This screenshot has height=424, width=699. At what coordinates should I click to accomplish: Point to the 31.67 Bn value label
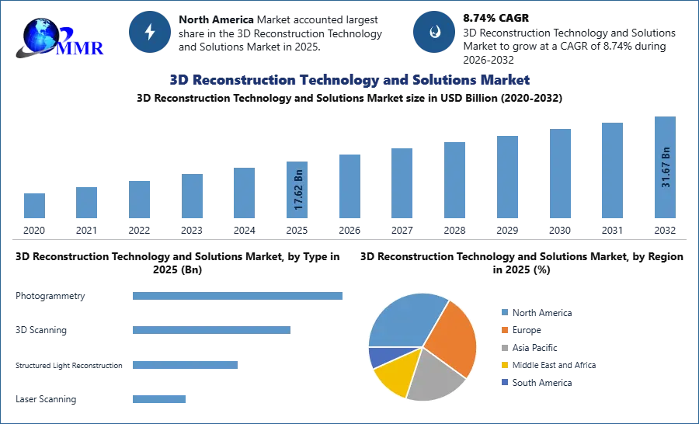pyautogui.click(x=666, y=166)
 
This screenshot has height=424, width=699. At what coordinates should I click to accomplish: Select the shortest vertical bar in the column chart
pyautogui.click(x=34, y=207)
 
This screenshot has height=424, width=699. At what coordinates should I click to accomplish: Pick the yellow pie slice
pyautogui.click(x=392, y=376)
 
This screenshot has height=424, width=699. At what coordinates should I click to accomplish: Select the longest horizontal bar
pyautogui.click(x=238, y=297)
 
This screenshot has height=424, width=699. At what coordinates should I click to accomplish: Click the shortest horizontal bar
pyautogui.click(x=158, y=398)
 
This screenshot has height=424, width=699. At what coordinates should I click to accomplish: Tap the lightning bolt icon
pyautogui.click(x=151, y=32)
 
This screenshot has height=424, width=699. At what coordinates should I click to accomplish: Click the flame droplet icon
pyautogui.click(x=434, y=32)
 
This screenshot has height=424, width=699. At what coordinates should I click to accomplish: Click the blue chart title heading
pyautogui.click(x=350, y=81)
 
